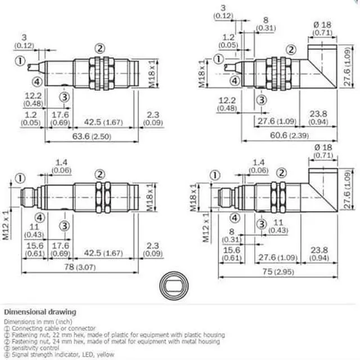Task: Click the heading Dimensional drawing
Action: [x=40, y=312]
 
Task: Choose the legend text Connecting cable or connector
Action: [x=50, y=328]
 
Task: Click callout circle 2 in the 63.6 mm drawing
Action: [x=100, y=48]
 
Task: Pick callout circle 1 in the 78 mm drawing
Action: [x=21, y=178]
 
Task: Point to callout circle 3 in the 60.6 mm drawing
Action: [x=261, y=100]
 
